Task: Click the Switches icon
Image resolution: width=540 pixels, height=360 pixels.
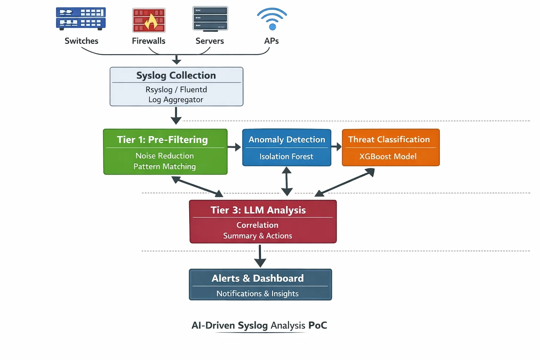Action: tap(81, 19)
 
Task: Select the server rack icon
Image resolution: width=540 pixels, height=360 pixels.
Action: tap(210, 19)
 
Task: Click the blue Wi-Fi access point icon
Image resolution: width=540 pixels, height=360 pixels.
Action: tap(272, 19)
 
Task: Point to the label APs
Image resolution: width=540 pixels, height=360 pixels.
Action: tap(271, 41)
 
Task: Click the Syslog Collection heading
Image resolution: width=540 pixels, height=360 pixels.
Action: tap(176, 75)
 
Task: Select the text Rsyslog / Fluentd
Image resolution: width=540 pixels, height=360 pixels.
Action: tap(176, 90)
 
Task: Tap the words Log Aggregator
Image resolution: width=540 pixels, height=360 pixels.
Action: tap(176, 99)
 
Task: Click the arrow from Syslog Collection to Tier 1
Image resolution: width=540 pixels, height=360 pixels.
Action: tap(176, 116)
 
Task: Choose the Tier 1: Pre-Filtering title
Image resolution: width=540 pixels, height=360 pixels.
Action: tap(162, 140)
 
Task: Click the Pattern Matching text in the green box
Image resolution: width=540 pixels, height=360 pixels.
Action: tap(165, 166)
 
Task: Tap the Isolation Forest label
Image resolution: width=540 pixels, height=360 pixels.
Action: tap(286, 156)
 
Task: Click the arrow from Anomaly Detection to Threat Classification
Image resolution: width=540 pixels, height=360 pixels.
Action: tap(336, 147)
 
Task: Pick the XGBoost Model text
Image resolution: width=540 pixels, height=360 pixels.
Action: tap(388, 156)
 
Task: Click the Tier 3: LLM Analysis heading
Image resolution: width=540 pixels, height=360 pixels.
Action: tap(258, 210)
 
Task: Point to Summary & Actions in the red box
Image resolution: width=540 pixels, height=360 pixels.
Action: tap(257, 236)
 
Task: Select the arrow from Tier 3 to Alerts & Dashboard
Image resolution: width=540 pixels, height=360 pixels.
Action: tap(260, 256)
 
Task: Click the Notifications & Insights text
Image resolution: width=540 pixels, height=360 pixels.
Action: tap(257, 293)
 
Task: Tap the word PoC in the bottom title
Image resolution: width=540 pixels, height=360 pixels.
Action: tap(317, 325)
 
